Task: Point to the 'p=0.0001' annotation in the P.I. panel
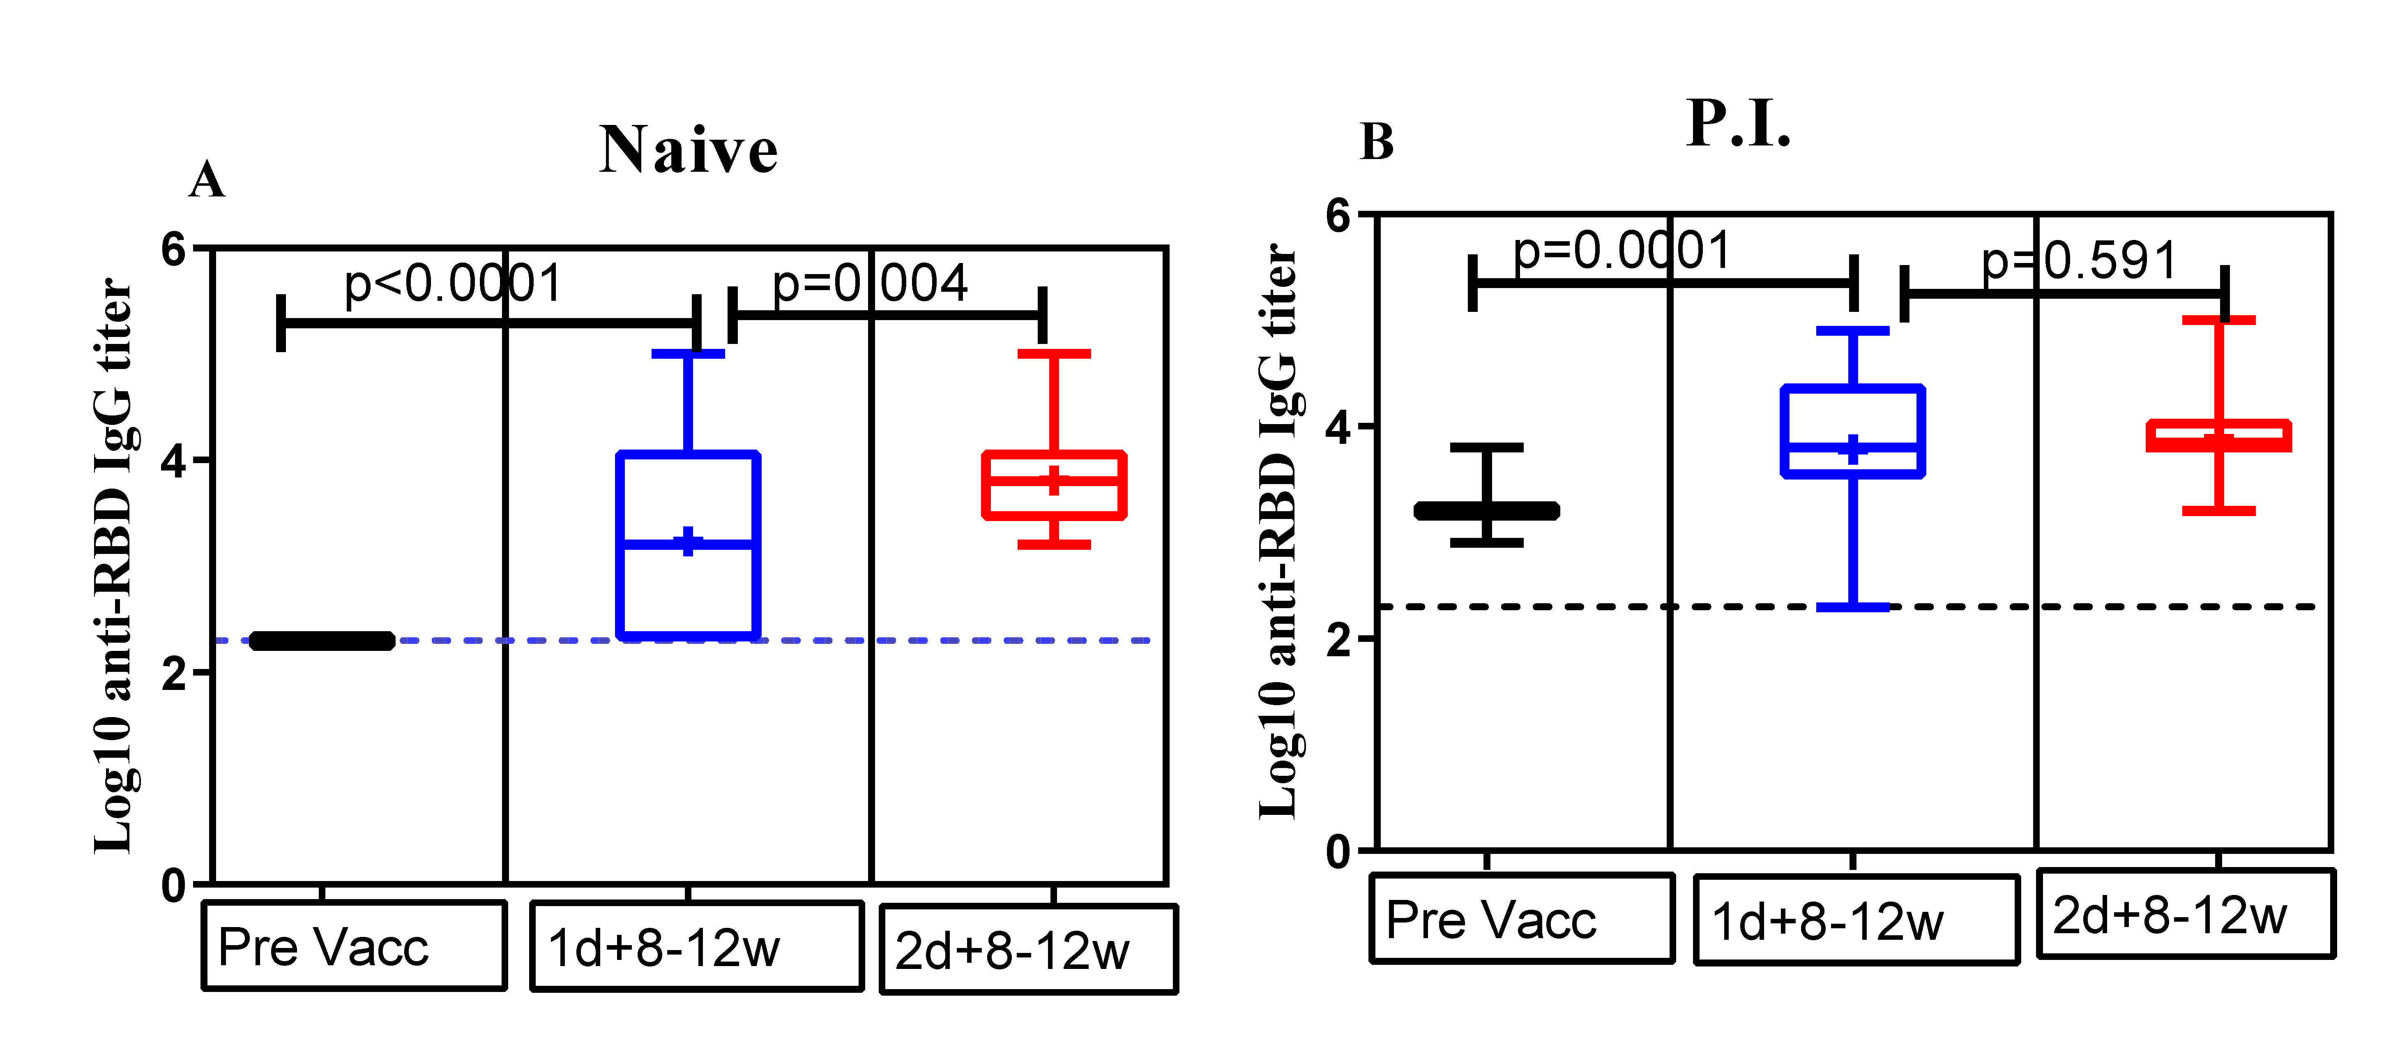tap(1621, 251)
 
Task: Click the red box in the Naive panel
tap(1054, 484)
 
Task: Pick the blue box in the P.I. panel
tap(1852, 430)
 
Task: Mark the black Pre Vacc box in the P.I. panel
tap(1486, 510)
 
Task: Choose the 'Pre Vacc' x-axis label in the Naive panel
tap(323, 947)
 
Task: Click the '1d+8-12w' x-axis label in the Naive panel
tap(663, 948)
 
